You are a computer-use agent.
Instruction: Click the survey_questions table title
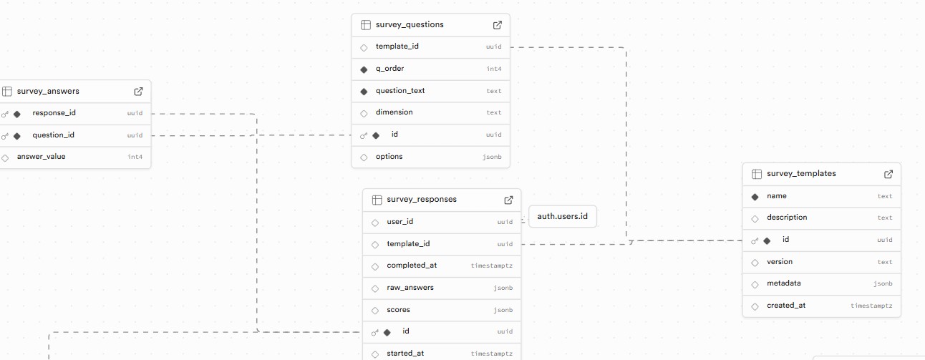coord(410,24)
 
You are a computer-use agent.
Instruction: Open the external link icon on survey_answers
coord(139,91)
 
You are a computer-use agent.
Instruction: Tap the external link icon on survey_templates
coord(888,174)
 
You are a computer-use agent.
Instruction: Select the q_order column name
coord(389,69)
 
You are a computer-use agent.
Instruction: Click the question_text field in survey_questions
coord(400,91)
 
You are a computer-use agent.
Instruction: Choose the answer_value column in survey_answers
coord(41,157)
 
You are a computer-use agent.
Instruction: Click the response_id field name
coord(54,113)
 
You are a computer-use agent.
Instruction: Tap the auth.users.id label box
coord(562,216)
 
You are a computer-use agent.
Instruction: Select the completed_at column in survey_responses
coord(412,266)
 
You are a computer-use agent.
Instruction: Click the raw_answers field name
coord(410,288)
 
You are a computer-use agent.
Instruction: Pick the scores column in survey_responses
coord(398,310)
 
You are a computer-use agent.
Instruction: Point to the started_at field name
coord(405,354)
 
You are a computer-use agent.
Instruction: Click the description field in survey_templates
coord(787,218)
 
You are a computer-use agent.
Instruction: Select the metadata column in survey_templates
coord(783,283)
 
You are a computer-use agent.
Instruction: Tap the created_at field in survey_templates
coord(786,306)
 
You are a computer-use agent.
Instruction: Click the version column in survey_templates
coord(780,262)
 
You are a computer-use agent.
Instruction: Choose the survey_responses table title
coord(422,200)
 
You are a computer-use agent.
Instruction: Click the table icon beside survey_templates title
coord(757,174)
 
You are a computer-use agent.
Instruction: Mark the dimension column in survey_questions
coord(394,112)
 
